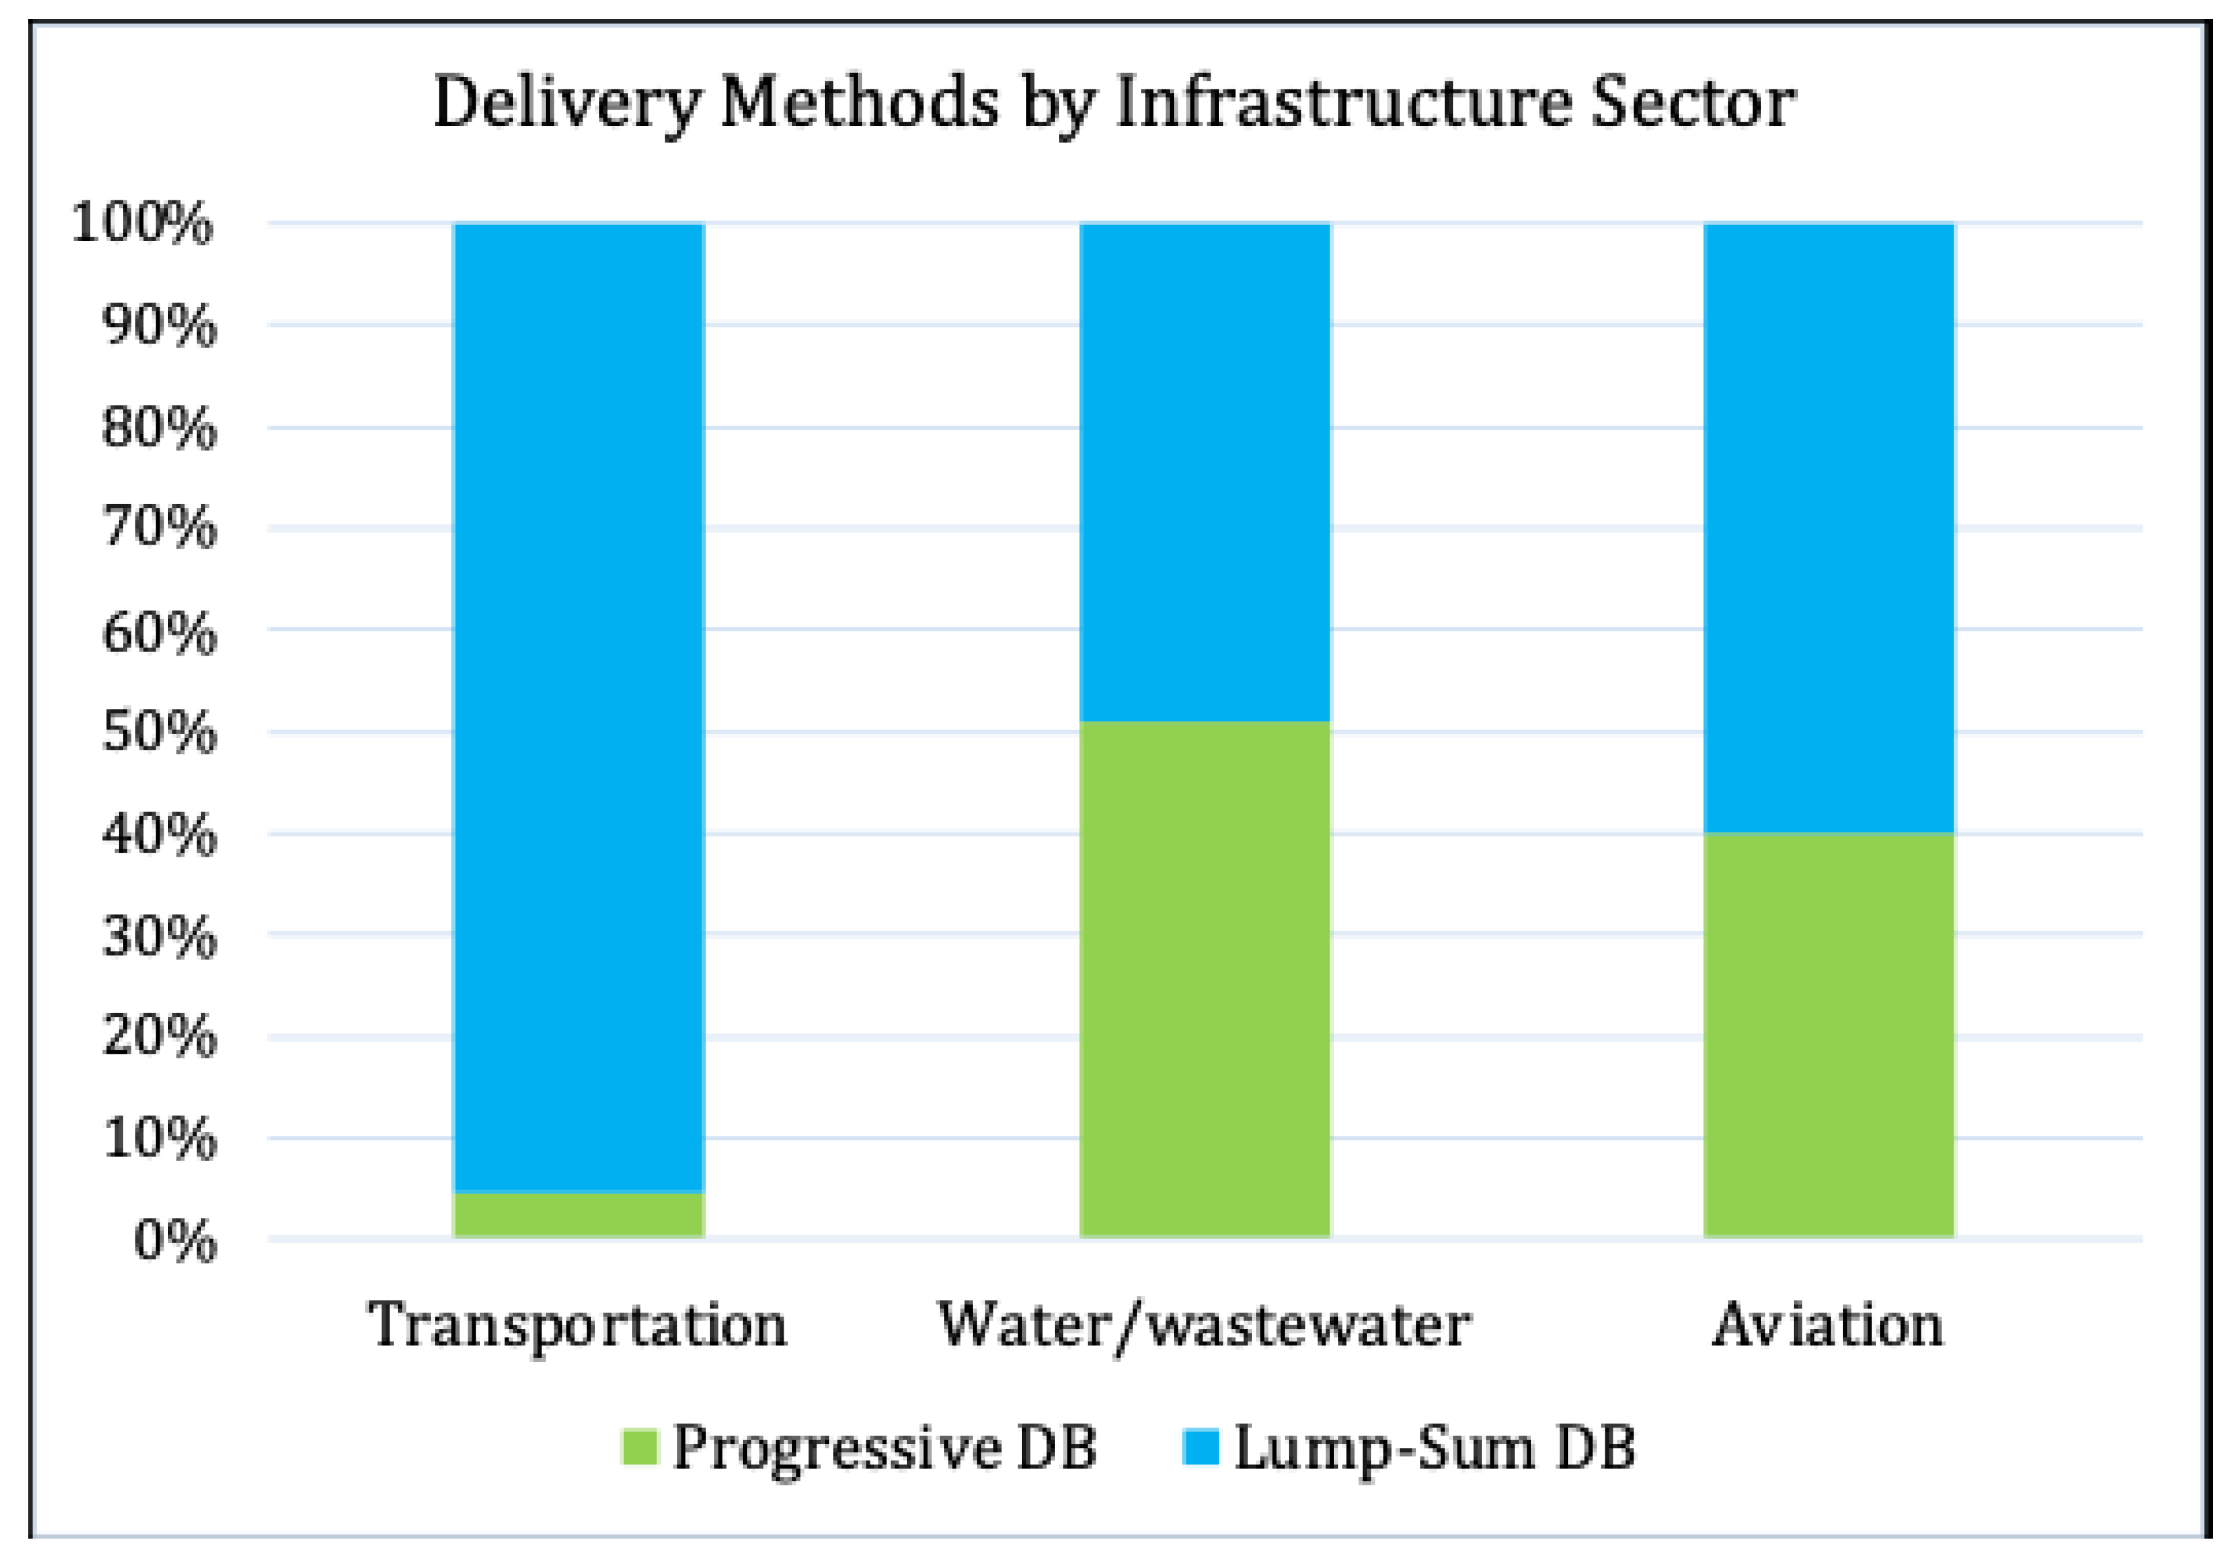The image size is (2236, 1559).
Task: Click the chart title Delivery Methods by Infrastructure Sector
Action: tap(1114, 102)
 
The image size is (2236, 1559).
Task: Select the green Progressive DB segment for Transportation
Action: tap(579, 1213)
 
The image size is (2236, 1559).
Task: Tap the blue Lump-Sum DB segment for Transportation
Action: tap(579, 707)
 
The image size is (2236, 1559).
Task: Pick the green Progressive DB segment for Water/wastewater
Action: tap(1205, 979)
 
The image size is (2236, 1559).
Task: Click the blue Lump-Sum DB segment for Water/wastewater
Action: tap(1205, 472)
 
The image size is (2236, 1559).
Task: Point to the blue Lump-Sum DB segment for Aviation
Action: tap(1829, 528)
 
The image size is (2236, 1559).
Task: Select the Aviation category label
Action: tap(1828, 1324)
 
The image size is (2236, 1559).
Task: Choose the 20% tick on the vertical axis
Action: tap(159, 1036)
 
